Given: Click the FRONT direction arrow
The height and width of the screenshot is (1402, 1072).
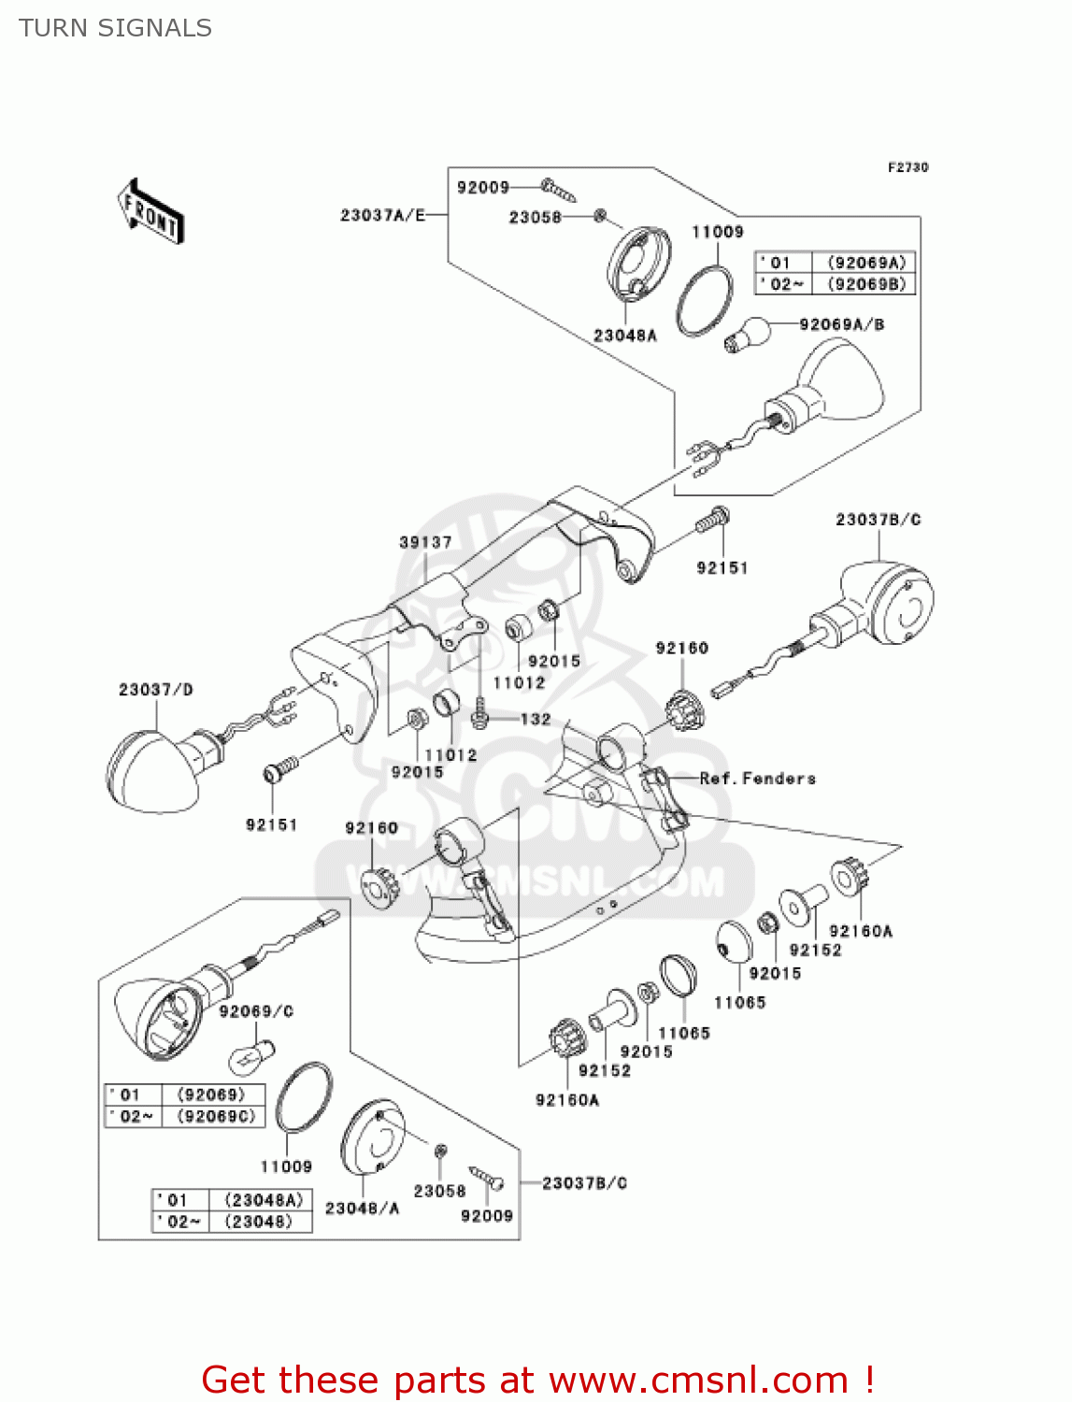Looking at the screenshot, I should tap(150, 211).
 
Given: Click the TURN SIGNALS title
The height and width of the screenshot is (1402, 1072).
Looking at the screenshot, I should tap(115, 28).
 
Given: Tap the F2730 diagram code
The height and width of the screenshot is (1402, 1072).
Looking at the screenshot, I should tap(908, 167).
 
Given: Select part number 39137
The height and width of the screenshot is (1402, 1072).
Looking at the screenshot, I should tap(425, 542).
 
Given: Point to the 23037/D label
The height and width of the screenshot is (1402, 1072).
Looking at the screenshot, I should tap(155, 690).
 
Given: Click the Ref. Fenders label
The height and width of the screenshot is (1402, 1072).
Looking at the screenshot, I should tap(757, 779).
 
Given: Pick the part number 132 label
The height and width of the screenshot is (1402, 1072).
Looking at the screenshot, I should tap(536, 719).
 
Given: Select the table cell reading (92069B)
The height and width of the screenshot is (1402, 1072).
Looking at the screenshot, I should tap(867, 284).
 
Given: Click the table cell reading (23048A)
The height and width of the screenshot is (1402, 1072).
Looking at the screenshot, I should tap(263, 1200).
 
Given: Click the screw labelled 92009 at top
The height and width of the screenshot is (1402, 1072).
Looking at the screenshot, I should tap(559, 191).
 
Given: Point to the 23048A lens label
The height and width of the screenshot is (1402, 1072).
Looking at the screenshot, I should tap(624, 336).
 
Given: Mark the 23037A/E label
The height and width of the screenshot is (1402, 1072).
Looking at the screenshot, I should tap(382, 215).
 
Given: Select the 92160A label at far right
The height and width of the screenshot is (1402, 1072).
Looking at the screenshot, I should tap(860, 931).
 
